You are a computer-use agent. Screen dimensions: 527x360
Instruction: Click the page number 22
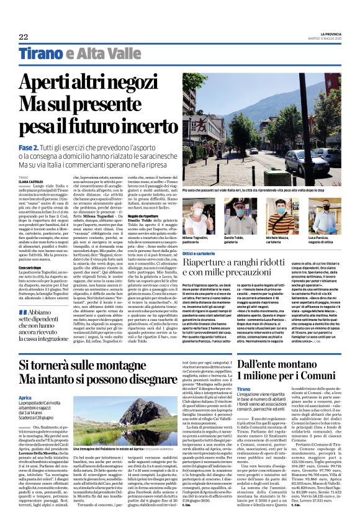[x=23, y=37]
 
